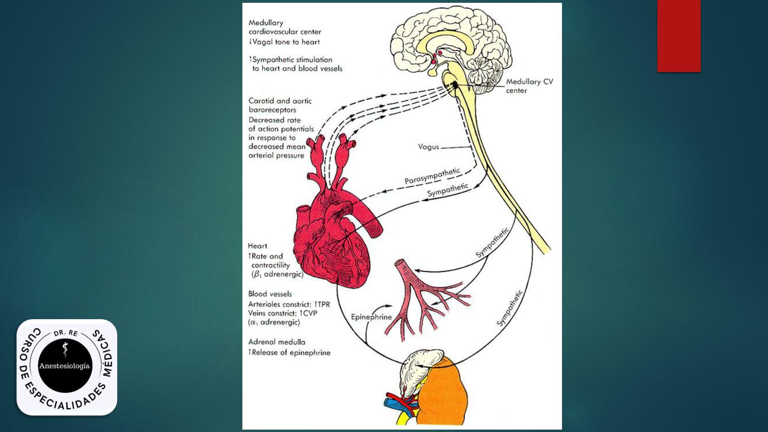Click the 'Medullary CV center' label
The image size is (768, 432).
(529, 86)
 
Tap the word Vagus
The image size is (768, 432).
(428, 147)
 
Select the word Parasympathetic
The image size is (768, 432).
(432, 176)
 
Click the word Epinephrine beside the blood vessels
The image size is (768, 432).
(371, 317)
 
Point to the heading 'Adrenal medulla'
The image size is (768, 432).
(276, 342)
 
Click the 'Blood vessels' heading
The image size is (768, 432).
(270, 294)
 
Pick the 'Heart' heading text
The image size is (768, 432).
(257, 246)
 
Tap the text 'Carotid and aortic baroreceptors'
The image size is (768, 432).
(280, 105)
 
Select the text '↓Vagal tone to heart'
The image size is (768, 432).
(284, 42)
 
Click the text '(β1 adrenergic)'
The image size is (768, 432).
(277, 275)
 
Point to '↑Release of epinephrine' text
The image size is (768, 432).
(289, 353)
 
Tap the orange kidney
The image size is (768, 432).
(444, 392)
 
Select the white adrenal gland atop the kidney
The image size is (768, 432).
(420, 364)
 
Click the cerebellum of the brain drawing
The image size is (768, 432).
(486, 72)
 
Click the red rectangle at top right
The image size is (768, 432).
(679, 36)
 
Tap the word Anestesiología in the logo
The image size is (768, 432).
(64, 366)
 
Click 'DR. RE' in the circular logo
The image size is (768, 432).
(66, 333)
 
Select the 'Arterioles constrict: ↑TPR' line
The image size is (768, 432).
(289, 304)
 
